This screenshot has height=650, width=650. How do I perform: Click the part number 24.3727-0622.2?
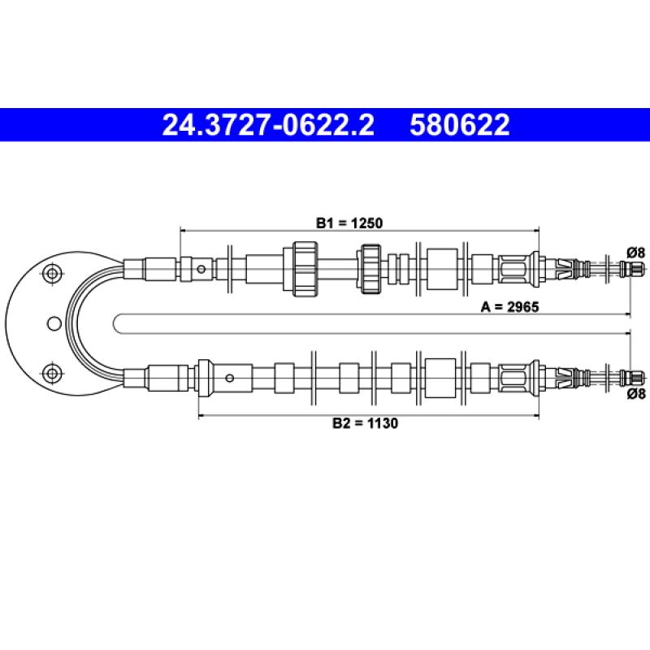point(268,125)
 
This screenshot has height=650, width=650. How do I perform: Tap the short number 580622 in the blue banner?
point(459,125)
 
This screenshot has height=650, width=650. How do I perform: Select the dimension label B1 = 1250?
point(349,223)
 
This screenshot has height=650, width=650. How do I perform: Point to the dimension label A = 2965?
point(509,307)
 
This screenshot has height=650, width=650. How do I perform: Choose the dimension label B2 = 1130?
point(365,423)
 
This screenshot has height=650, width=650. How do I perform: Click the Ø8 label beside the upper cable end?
point(636,252)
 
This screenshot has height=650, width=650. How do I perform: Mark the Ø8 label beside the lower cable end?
point(636,393)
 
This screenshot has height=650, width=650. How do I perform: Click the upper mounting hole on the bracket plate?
point(53,273)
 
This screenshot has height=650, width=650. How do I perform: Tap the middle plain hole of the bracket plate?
point(54,323)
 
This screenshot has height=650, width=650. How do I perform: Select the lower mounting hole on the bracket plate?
point(53,374)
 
